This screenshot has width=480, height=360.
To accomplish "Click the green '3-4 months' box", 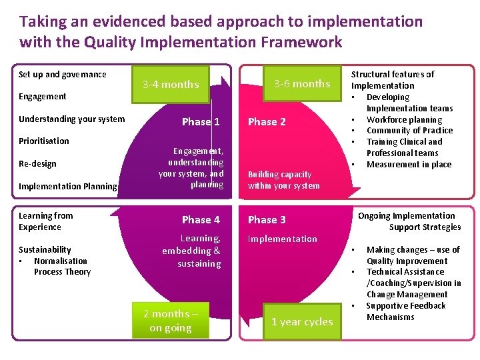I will [x=171, y=84].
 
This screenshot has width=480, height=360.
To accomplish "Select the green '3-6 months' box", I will [x=302, y=83].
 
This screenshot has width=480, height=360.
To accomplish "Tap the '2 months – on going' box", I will [x=171, y=321].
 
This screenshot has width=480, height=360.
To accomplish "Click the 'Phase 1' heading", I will [x=201, y=121].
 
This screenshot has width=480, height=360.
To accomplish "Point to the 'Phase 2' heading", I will [x=267, y=121].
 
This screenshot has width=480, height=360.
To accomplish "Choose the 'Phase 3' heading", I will [x=267, y=219].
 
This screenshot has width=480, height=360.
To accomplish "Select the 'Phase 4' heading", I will [x=201, y=219].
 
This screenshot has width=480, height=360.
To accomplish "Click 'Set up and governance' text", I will [x=63, y=74].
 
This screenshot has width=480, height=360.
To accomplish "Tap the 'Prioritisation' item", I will [x=44, y=141].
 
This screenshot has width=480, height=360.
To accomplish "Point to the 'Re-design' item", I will [x=37, y=163].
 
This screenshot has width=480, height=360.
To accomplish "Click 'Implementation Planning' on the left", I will [x=68, y=186].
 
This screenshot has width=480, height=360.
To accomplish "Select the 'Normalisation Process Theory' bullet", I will [x=62, y=267].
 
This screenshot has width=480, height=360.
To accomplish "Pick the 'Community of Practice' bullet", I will [x=409, y=131].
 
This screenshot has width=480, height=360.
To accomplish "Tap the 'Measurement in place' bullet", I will [x=409, y=164].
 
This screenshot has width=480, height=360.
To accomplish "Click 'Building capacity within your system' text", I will [x=284, y=180].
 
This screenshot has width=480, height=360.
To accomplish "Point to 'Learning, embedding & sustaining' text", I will [x=191, y=251].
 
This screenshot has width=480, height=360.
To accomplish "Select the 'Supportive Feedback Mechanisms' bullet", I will [x=405, y=311].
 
